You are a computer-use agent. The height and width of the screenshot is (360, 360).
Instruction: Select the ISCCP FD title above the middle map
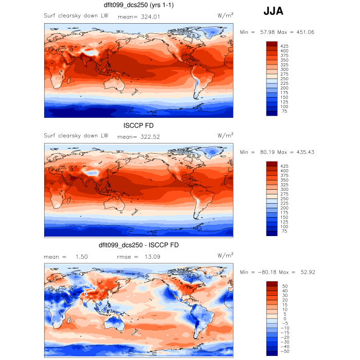[138, 126]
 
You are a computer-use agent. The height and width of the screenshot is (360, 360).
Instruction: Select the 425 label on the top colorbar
[284, 46]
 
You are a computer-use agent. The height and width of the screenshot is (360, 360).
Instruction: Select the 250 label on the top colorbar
[284, 79]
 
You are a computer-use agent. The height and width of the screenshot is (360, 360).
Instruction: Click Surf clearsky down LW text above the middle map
[76, 136]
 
